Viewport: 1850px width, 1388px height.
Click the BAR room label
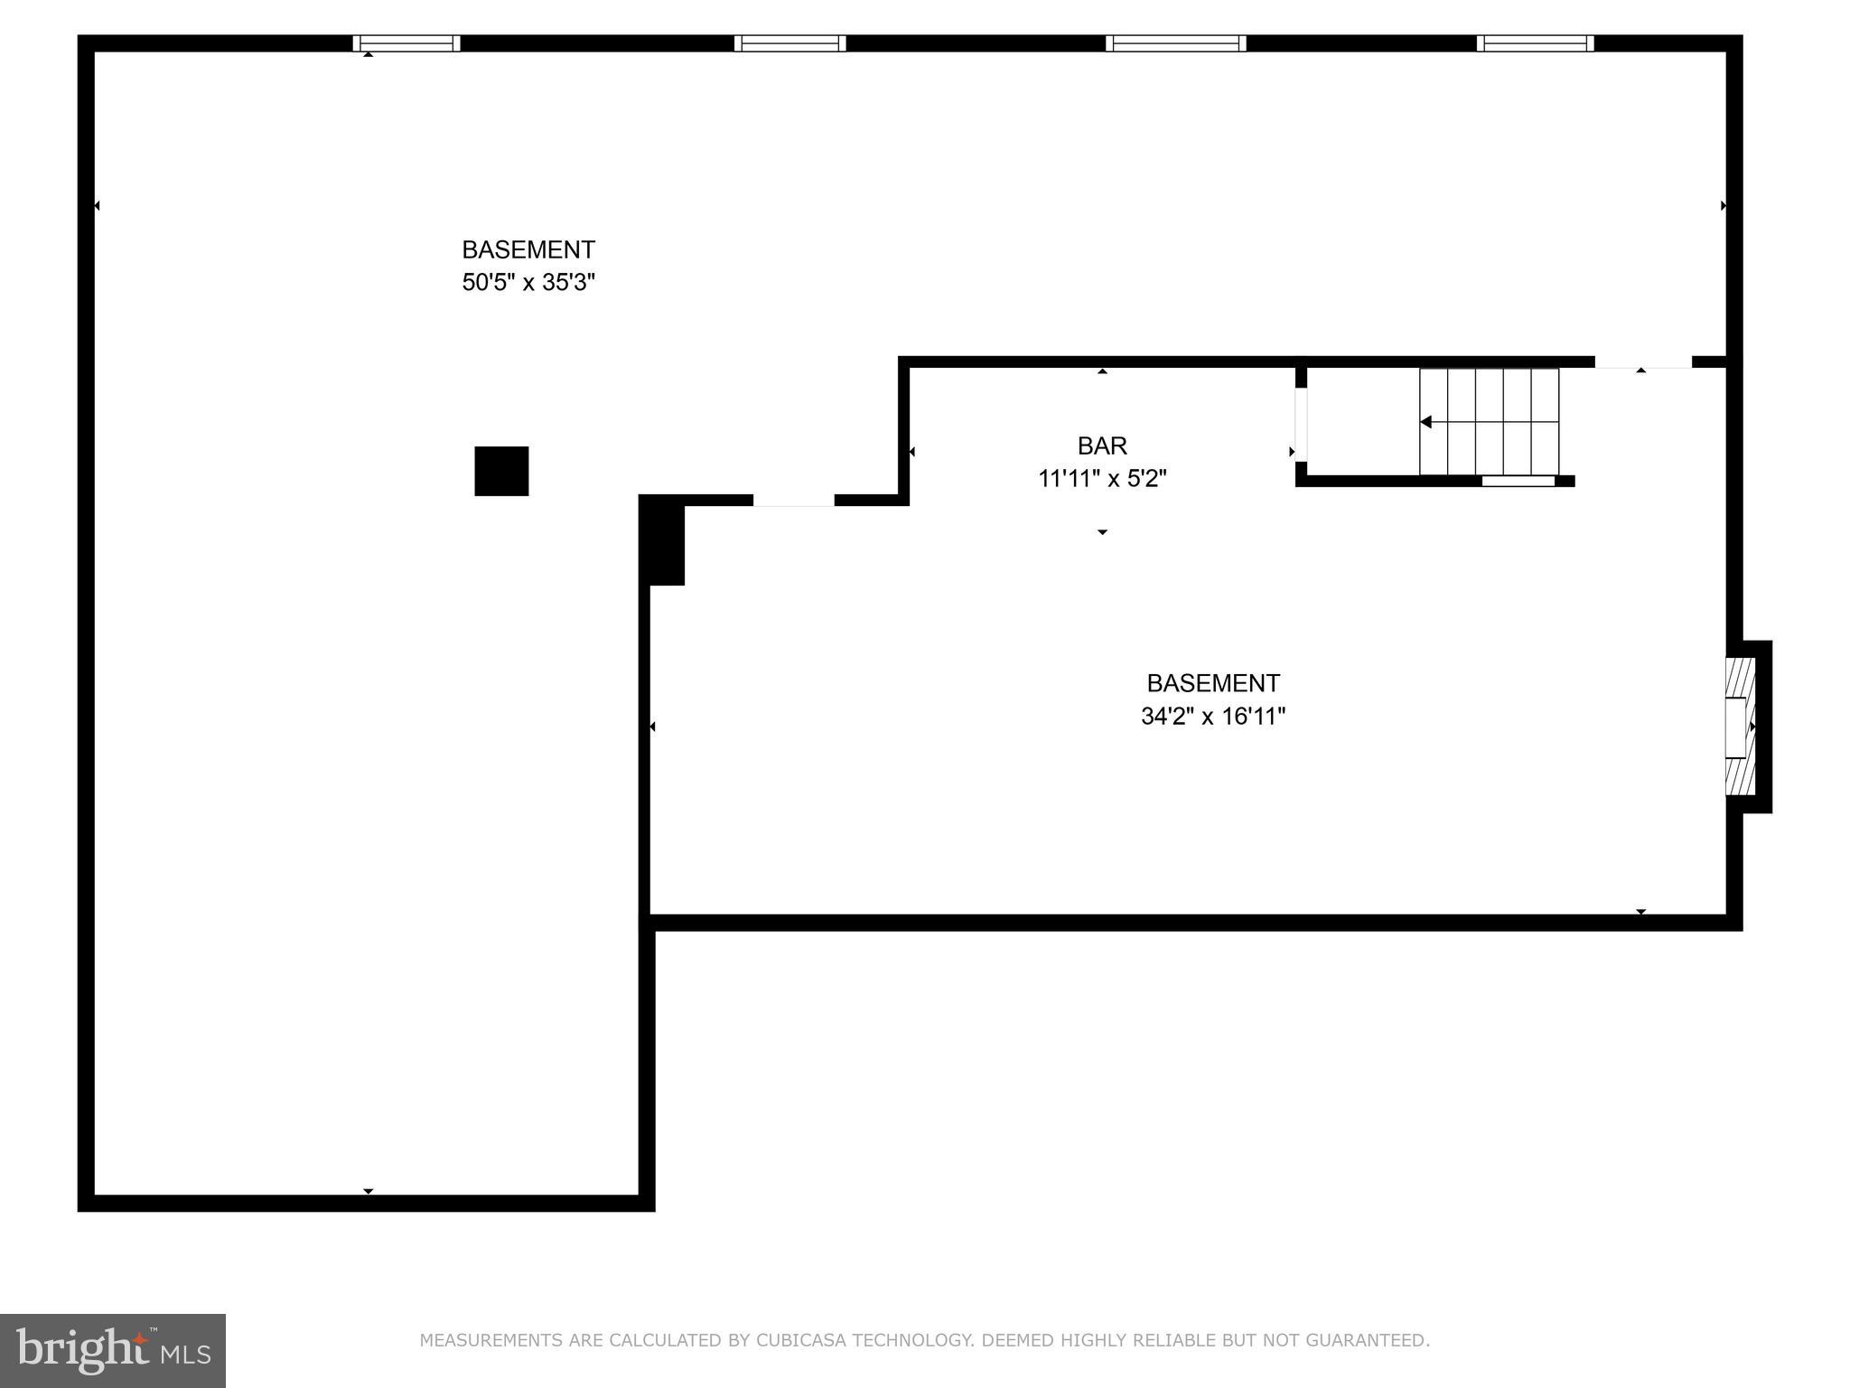[1102, 445]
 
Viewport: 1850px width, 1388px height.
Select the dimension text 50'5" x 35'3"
[528, 283]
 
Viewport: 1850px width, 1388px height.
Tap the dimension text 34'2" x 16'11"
[1212, 717]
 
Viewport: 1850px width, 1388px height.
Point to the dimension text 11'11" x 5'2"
[1102, 479]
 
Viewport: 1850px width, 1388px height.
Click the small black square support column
[501, 471]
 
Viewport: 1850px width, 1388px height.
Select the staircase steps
[1489, 421]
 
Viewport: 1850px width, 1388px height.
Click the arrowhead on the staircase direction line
[1425, 422]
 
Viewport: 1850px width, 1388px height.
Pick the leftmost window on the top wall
[406, 43]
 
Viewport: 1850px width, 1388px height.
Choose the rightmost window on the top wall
[1535, 43]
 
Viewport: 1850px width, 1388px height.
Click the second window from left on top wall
[790, 43]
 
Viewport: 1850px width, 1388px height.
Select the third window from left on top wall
[1175, 43]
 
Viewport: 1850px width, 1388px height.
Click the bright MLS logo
[113, 1350]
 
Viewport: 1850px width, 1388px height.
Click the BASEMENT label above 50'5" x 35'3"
[528, 249]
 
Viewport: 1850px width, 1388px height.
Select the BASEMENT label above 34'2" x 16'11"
[1212, 683]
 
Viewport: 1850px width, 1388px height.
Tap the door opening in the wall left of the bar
[793, 500]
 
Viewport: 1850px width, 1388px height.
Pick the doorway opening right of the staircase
[1642, 362]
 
